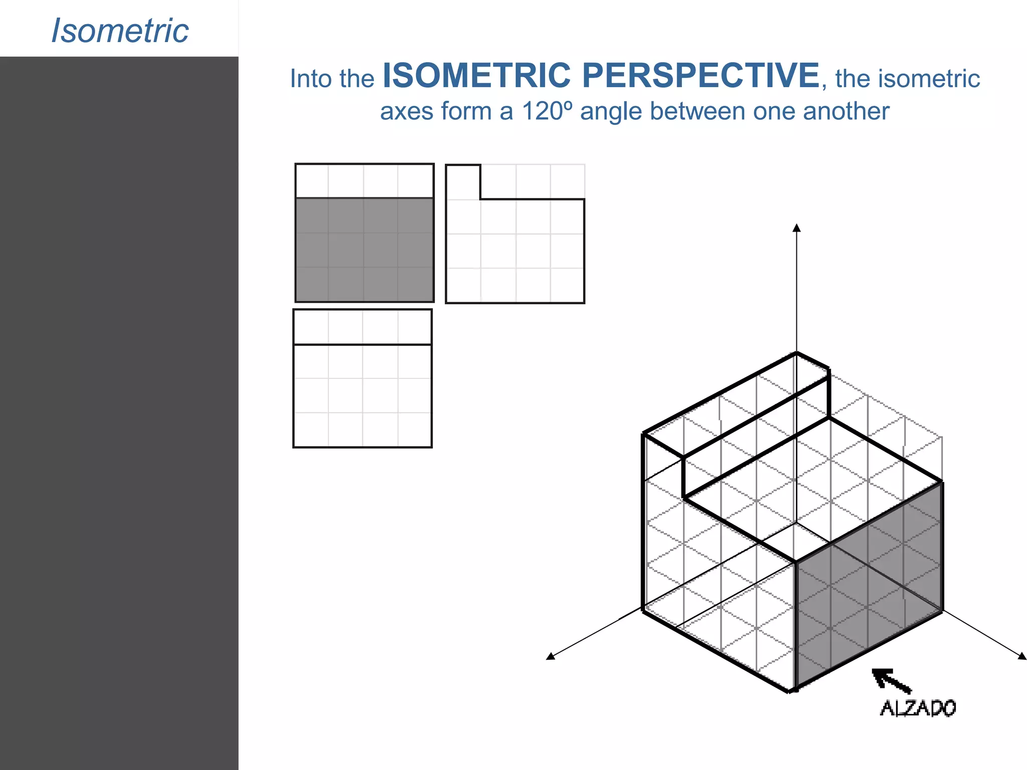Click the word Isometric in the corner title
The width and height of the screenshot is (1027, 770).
(x=120, y=31)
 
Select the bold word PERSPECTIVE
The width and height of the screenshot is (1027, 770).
(x=701, y=76)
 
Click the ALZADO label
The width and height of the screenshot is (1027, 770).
(x=918, y=708)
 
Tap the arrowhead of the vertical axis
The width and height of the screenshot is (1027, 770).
(x=796, y=228)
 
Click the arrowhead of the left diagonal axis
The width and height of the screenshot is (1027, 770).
(x=551, y=656)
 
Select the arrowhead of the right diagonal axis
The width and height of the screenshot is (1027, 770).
(x=1022, y=656)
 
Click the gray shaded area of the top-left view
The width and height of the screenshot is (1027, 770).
(x=364, y=250)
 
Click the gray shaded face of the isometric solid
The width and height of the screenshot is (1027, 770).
(x=869, y=587)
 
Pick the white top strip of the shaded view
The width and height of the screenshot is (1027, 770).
(x=364, y=181)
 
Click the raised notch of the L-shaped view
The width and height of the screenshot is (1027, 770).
(x=463, y=182)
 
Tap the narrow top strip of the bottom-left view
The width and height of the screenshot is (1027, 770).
(x=362, y=327)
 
